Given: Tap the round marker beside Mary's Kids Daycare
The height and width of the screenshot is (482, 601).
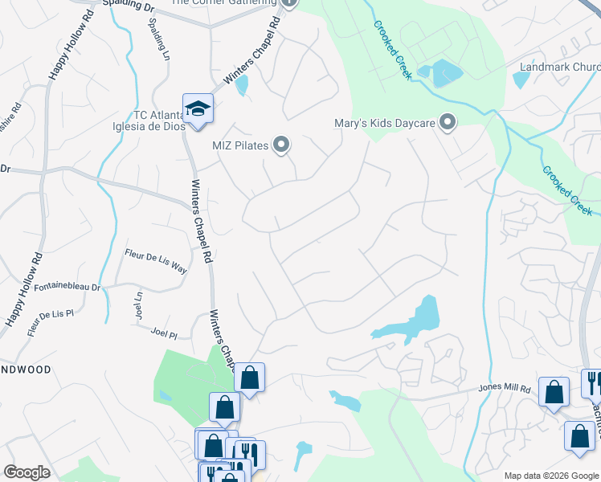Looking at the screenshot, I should pyautogui.click(x=448, y=123).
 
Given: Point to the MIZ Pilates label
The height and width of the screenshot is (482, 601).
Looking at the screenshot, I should pyautogui.click(x=239, y=145).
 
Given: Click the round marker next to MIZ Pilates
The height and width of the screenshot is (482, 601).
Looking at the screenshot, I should pyautogui.click(x=281, y=145).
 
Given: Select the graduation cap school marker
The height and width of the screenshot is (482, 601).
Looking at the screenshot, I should pyautogui.click(x=197, y=108).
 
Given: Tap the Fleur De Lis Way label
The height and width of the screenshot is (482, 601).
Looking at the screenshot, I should pyautogui.click(x=155, y=261).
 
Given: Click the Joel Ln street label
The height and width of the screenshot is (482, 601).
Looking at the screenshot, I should pyautogui.click(x=138, y=305).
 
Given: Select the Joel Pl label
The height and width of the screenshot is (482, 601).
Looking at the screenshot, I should pyautogui.click(x=163, y=332).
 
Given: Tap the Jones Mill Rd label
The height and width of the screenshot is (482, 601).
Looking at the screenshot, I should pyautogui.click(x=505, y=389).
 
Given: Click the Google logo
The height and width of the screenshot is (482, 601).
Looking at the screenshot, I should pyautogui.click(x=27, y=472).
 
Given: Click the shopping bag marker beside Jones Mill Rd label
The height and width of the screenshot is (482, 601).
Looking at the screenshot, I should pyautogui.click(x=554, y=392).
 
